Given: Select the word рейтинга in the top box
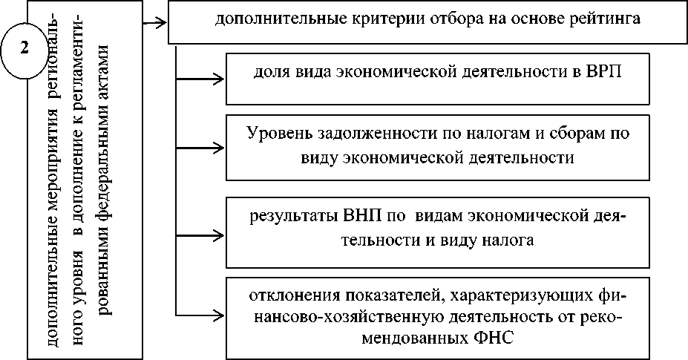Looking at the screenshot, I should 604,19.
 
